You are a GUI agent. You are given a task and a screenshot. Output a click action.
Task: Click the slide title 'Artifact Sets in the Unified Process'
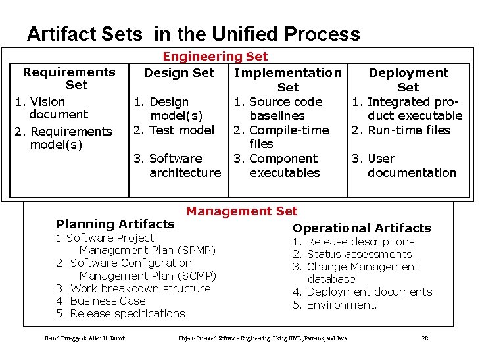[193, 34]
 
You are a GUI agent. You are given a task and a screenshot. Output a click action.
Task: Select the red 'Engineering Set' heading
[215, 57]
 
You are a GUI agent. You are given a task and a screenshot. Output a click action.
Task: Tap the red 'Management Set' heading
[241, 211]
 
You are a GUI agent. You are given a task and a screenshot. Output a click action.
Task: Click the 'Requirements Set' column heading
[69, 78]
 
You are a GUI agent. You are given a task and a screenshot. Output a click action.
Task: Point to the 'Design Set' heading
[179, 72]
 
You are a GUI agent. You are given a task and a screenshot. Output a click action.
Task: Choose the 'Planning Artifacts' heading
[116, 224]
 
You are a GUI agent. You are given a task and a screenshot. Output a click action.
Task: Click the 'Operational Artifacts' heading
[362, 228]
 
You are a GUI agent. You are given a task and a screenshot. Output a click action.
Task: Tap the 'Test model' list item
[174, 130]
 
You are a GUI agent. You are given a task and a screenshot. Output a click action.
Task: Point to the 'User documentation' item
[404, 166]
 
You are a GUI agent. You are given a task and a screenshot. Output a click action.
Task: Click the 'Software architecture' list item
[177, 166]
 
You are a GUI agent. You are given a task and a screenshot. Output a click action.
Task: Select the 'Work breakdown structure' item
[133, 288]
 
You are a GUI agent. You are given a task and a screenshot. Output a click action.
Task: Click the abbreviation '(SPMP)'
[195, 250]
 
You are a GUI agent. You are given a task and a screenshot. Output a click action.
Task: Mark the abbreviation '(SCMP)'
[195, 276]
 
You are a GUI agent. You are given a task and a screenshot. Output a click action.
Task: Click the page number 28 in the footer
[425, 338]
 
